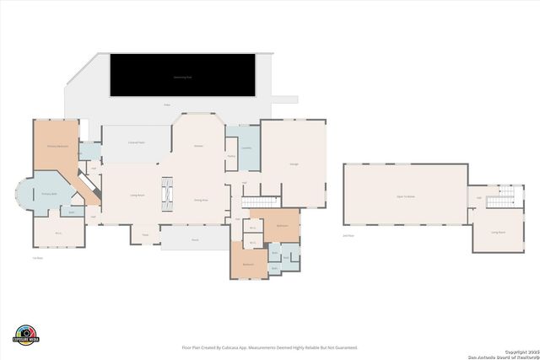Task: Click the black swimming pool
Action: (182, 75)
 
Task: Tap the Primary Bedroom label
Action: (57, 147)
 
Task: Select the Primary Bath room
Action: (49, 194)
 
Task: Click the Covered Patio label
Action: (137, 142)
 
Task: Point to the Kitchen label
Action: (199, 146)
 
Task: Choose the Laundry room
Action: (246, 148)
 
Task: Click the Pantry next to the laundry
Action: (230, 156)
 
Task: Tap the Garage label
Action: (293, 164)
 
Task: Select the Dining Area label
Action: (201, 200)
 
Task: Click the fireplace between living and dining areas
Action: (167, 194)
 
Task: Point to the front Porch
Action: (194, 239)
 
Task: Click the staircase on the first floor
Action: (261, 201)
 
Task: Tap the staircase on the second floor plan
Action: (498, 199)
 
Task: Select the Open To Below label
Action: (405, 196)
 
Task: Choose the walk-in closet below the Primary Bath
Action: (58, 233)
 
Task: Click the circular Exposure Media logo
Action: (26, 335)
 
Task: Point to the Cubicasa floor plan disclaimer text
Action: (269, 347)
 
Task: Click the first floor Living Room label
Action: (135, 195)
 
